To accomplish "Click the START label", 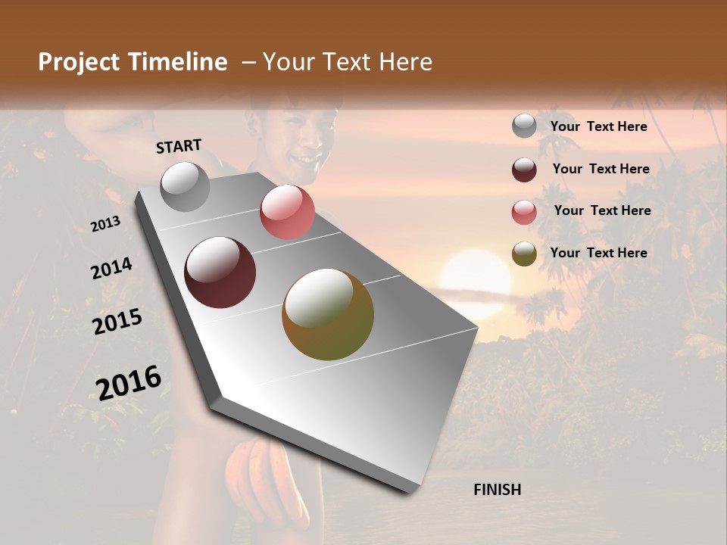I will (179, 146).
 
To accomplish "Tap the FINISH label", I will (497, 490).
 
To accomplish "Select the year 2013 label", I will (105, 224).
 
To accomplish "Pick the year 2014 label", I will (111, 268).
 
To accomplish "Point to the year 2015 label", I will (117, 322).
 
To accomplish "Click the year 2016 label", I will (129, 382).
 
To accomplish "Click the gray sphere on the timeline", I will (186, 187).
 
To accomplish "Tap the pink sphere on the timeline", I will (287, 212).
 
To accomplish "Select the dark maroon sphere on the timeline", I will (220, 272).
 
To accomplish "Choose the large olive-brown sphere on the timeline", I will (328, 314).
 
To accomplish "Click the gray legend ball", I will (524, 126).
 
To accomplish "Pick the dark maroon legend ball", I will (524, 170).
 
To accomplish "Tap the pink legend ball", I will (524, 212).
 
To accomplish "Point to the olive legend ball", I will (524, 254).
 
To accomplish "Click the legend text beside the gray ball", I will (598, 126).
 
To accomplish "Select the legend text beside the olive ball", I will (598, 253).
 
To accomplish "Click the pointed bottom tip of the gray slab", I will (410, 490).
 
